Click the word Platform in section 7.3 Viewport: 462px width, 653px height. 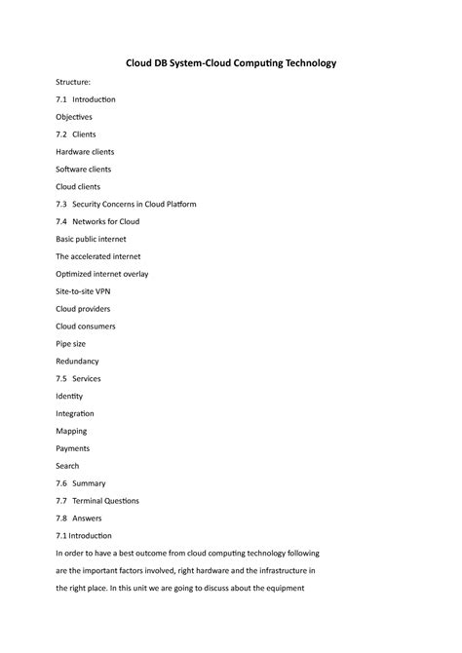coord(175,204)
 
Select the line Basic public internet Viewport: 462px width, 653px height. coord(91,239)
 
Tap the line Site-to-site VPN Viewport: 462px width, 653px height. coord(86,291)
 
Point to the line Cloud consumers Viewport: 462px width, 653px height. coord(86,326)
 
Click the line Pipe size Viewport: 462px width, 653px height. coord(71,344)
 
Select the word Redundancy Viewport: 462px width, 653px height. coord(77,361)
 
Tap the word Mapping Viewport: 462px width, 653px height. coord(71,431)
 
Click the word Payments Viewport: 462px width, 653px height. coord(73,448)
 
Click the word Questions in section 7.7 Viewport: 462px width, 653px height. coord(120,501)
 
